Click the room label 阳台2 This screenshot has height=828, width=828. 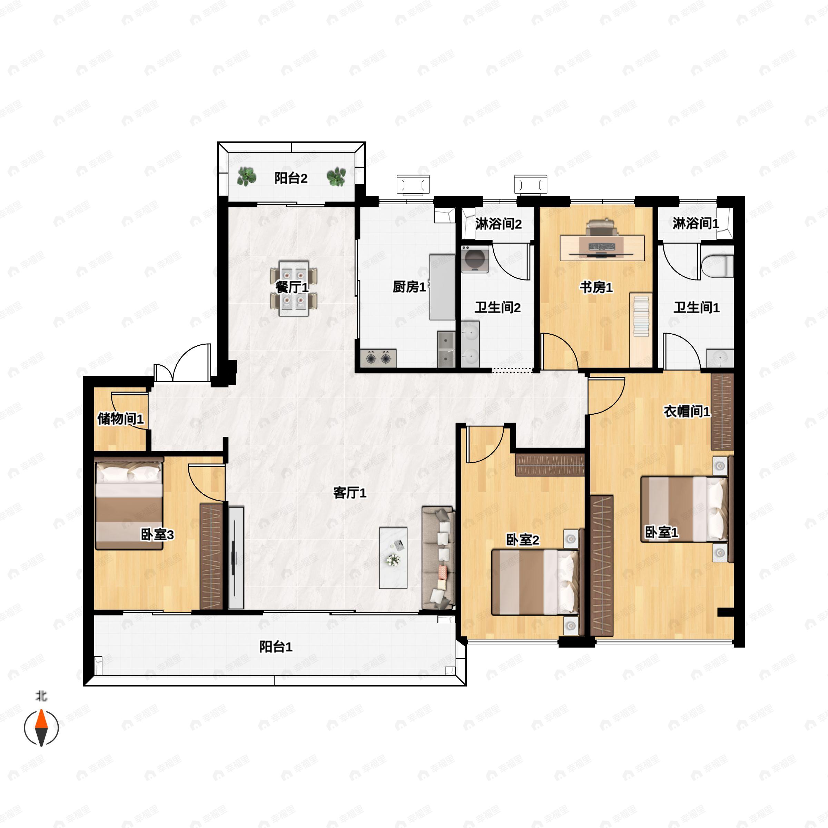(290, 178)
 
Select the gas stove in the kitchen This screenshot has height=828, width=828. (378, 358)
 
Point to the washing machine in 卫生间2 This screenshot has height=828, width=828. (475, 259)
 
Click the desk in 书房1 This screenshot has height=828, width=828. (602, 248)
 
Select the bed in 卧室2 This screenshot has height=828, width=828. (535, 582)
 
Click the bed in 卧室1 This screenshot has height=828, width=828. (684, 509)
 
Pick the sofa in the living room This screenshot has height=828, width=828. (437, 558)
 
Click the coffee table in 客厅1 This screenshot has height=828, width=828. (393, 558)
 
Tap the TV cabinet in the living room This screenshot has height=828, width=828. (236, 558)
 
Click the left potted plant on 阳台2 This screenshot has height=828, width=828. (246, 177)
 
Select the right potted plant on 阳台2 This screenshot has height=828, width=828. (336, 177)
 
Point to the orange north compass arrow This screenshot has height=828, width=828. (41, 720)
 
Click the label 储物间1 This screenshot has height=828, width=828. (120, 419)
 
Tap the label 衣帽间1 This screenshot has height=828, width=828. (687, 412)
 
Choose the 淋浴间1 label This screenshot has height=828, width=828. (696, 223)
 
